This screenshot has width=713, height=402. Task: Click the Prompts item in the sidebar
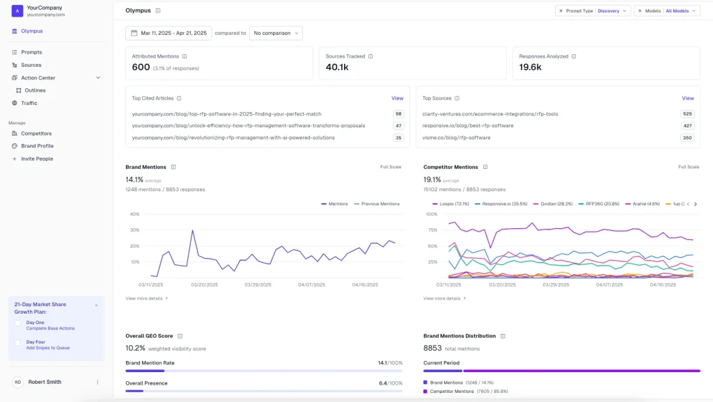point(31,52)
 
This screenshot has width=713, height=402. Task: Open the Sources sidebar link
point(31,65)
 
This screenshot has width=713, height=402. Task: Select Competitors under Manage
point(36,133)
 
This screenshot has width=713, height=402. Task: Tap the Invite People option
point(36,159)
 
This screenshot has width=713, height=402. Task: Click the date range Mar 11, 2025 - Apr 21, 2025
point(169,33)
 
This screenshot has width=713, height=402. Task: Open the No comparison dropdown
point(276,33)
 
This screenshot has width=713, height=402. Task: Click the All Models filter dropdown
point(667,10)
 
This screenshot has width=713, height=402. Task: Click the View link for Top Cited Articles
point(397,98)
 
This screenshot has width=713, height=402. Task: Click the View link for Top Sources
point(687,98)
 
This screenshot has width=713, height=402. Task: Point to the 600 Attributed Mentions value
point(141,67)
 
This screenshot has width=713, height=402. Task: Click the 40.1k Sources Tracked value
point(337,67)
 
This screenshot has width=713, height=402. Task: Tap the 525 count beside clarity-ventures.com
point(687,113)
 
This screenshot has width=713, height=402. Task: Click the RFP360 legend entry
point(601,204)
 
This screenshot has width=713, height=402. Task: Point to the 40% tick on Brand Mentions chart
point(134,214)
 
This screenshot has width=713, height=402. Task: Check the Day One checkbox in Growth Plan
point(18,323)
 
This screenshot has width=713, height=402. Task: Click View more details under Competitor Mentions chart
point(444,298)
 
